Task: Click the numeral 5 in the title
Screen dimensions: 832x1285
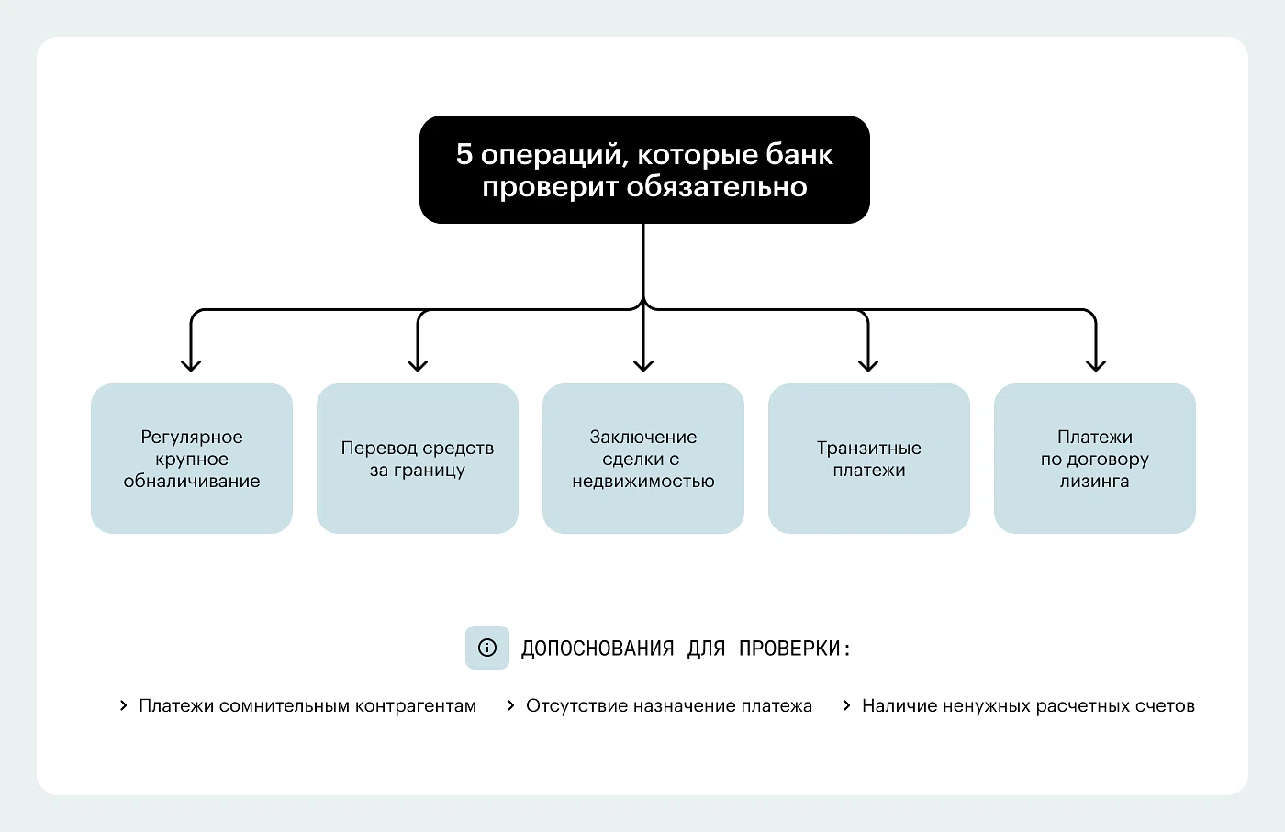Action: point(464,154)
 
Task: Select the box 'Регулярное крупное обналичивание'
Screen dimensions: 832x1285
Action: point(192,459)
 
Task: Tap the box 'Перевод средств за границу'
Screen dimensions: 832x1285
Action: point(418,459)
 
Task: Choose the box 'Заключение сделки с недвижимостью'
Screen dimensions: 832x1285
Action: point(643,459)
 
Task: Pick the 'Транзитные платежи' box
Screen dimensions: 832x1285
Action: point(869,459)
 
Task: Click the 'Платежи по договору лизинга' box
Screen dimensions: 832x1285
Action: point(1095,459)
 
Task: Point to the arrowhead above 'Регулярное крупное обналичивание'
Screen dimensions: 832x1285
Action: point(191,364)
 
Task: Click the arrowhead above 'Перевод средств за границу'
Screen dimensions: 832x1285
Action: point(418,364)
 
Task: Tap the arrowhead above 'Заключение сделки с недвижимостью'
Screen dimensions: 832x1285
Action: point(643,364)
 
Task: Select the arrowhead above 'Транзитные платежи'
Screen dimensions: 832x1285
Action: point(868,364)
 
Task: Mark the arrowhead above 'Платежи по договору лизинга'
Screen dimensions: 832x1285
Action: point(1095,364)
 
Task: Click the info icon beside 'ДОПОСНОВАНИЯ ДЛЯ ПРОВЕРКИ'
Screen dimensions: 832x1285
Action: point(487,648)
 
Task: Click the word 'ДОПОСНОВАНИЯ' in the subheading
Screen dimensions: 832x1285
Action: point(597,649)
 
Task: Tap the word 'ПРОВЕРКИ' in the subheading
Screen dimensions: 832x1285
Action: point(789,649)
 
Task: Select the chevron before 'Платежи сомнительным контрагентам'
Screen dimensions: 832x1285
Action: point(124,705)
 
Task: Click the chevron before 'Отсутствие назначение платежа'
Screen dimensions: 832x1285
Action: point(511,705)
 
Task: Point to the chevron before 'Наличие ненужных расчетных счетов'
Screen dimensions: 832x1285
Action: point(847,705)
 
